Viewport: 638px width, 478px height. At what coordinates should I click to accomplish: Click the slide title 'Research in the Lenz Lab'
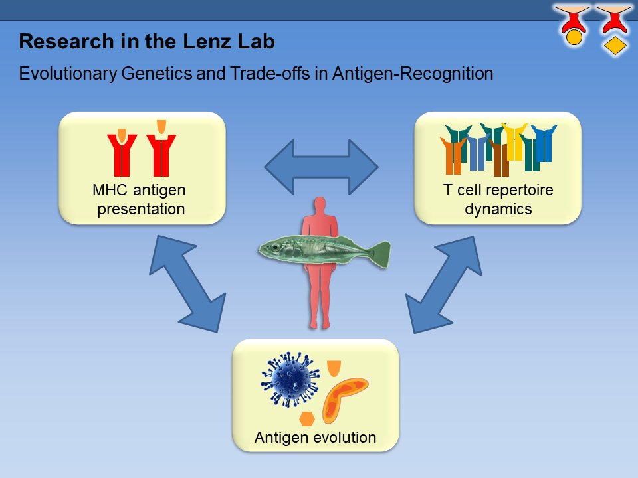147,42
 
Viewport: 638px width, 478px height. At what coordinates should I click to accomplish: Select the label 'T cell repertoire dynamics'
498,200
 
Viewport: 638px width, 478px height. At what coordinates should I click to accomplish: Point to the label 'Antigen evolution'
315,438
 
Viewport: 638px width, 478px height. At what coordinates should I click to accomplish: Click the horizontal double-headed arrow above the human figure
320,165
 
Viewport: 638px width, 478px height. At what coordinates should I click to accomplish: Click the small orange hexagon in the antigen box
306,419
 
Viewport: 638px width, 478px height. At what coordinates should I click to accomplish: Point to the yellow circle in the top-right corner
574,38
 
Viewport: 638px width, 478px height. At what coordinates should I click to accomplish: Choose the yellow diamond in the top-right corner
615,45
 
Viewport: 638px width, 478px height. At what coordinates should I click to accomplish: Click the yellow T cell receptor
514,141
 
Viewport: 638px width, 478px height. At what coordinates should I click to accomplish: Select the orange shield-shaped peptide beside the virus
334,368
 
